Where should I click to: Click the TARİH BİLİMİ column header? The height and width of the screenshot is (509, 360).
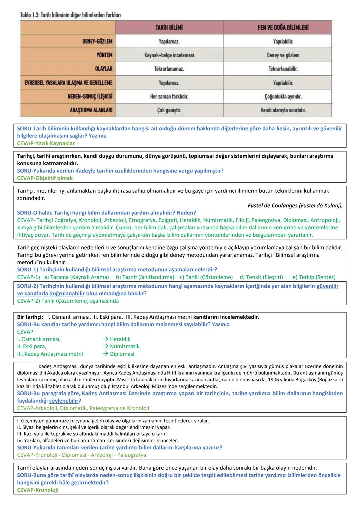(x=169, y=27)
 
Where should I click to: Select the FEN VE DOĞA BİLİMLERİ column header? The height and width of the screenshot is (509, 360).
(x=283, y=27)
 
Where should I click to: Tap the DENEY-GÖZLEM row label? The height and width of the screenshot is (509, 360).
(x=97, y=41)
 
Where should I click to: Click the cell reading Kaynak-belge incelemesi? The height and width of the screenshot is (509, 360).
(x=169, y=55)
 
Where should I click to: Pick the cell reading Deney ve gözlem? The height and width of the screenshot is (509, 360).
(x=283, y=55)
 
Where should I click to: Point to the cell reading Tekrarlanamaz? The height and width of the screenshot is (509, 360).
(x=169, y=69)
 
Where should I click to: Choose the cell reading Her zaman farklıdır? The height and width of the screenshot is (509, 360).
(x=169, y=96)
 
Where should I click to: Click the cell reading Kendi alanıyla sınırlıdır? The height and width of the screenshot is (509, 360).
(x=283, y=110)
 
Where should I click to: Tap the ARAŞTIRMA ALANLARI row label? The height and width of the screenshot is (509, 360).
(x=91, y=110)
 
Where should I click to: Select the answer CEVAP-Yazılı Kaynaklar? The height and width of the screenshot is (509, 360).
(x=46, y=143)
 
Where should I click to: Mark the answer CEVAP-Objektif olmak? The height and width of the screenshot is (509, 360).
(x=45, y=178)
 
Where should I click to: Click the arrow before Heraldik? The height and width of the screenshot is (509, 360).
(x=106, y=339)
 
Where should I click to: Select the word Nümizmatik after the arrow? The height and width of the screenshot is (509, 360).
(x=125, y=346)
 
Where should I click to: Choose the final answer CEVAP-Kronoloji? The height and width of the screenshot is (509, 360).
(x=38, y=490)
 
